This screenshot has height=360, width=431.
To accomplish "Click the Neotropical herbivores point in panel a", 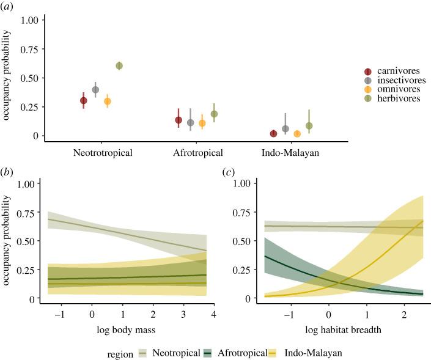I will click(119, 66).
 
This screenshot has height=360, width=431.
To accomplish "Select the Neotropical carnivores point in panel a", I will click(84, 101).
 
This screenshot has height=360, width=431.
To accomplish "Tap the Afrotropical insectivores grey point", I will click(191, 123).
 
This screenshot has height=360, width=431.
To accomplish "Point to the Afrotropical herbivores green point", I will click(214, 114).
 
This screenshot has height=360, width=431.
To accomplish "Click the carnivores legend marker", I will click(368, 72).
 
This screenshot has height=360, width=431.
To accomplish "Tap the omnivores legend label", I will click(399, 89).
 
